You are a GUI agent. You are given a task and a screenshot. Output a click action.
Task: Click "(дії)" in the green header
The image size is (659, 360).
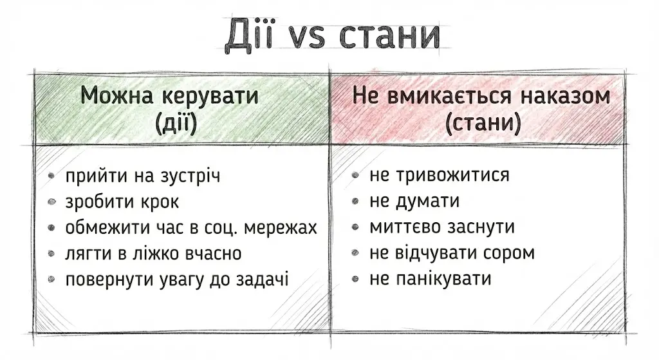coord(176,122)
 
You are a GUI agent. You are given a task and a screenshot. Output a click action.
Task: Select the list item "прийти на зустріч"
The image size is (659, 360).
coord(142,176)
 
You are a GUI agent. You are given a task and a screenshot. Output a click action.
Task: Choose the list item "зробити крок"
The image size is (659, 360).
coord(122,202)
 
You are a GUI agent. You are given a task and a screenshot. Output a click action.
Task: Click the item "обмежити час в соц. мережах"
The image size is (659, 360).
coord(191,227)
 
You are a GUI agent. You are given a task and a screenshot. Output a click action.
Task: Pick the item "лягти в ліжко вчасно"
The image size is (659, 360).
coord(153,253)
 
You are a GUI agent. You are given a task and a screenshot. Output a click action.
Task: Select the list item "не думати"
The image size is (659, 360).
coord(414,202)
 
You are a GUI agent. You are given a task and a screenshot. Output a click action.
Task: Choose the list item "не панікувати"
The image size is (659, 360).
coord(431,279)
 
